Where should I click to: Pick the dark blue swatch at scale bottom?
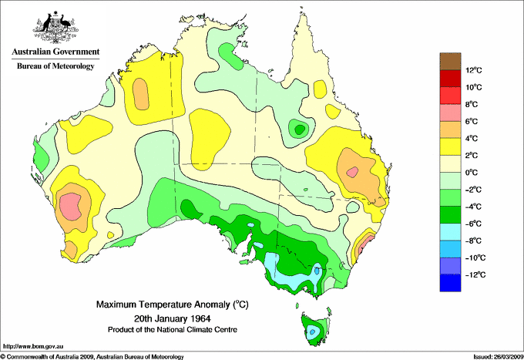450,283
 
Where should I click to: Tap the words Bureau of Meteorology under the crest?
55,66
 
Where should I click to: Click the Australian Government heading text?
55,52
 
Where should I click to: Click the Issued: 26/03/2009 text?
495,356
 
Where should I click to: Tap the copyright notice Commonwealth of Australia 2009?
92,356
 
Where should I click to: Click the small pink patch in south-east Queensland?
352,173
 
